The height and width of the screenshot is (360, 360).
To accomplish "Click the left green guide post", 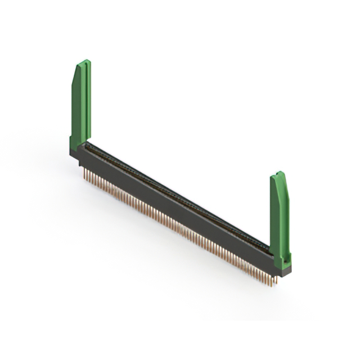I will [x=81, y=107].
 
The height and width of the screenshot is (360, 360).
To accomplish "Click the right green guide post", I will [x=280, y=217].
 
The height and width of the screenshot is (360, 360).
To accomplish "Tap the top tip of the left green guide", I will [x=83, y=62].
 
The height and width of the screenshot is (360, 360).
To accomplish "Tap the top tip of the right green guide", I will [x=277, y=174].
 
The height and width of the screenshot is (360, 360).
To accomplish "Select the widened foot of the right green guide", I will [x=282, y=259].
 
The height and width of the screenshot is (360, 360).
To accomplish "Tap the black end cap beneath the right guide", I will [x=284, y=271].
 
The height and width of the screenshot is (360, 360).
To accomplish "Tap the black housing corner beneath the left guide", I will [x=74, y=155].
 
